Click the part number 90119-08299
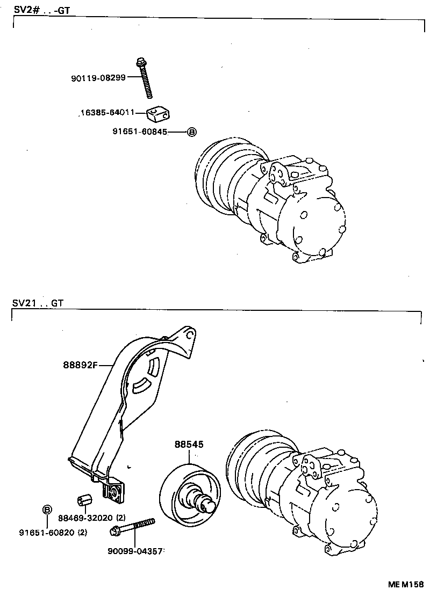pyautogui.click(x=98, y=77)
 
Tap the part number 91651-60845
pyautogui.click(x=139, y=132)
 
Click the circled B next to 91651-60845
pyautogui.click(x=191, y=132)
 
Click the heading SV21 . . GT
pyautogui.click(x=38, y=303)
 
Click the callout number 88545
pyautogui.click(x=189, y=445)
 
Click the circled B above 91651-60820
pyautogui.click(x=47, y=509)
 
